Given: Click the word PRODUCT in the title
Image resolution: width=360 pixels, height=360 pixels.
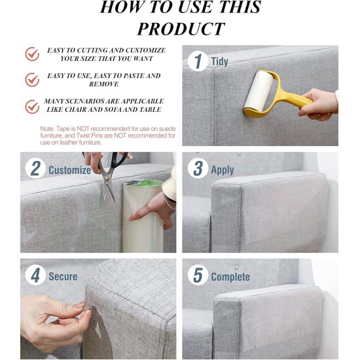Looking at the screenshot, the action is pyautogui.click(x=181, y=29).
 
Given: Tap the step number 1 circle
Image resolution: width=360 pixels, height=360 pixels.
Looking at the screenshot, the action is pyautogui.click(x=198, y=61).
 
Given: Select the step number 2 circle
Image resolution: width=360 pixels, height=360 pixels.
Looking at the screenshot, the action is pyautogui.click(x=35, y=168).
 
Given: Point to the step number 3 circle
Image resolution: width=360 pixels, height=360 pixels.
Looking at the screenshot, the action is pyautogui.click(x=198, y=168).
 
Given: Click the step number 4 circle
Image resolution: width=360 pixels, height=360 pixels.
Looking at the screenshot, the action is pyautogui.click(x=35, y=275).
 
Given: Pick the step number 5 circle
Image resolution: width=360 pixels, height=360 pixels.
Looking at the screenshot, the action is pyautogui.click(x=198, y=275).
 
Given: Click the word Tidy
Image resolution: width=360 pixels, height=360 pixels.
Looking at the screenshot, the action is pyautogui.click(x=219, y=62).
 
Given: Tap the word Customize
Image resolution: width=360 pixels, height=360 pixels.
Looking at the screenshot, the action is pyautogui.click(x=70, y=170).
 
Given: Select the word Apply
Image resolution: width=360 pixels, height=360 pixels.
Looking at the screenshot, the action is pyautogui.click(x=223, y=170).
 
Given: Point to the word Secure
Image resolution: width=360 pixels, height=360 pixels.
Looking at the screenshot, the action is pyautogui.click(x=63, y=276).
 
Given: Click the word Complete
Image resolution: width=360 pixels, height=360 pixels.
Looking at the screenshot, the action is pyautogui.click(x=230, y=277).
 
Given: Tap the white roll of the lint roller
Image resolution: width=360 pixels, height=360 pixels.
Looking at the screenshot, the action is pyautogui.click(x=259, y=92).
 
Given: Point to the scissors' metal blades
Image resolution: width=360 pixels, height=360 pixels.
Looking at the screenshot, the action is pyautogui.click(x=108, y=185).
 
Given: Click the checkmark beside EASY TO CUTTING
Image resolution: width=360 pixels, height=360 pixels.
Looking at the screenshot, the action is pyautogui.click(x=32, y=54).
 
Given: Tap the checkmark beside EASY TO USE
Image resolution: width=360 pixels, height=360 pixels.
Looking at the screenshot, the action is pyautogui.click(x=32, y=80).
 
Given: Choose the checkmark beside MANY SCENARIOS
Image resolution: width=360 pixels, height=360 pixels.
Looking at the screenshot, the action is pyautogui.click(x=32, y=107).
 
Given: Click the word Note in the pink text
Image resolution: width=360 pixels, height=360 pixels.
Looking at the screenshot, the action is pyautogui.click(x=47, y=128).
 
